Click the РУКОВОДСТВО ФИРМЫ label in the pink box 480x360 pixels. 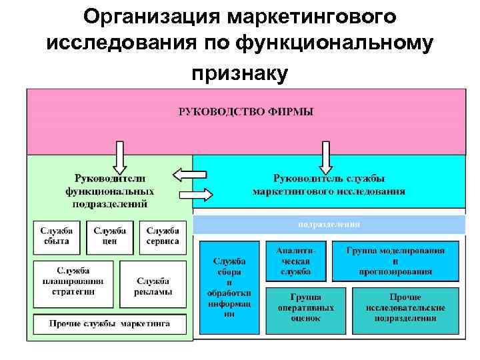(x=246, y=111)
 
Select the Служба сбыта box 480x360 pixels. (x=56, y=236)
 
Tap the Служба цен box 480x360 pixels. (x=109, y=236)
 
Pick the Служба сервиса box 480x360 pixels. (x=163, y=236)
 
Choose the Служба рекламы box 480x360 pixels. (x=153, y=285)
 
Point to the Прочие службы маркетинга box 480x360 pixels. (x=109, y=324)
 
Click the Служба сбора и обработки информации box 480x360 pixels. (x=229, y=287)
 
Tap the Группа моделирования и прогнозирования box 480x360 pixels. (x=395, y=260)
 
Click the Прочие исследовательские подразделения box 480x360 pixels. (x=405, y=311)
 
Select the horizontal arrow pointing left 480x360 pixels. (x=190, y=175)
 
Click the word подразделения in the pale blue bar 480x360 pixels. (x=329, y=225)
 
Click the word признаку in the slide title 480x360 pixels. (x=240, y=73)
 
